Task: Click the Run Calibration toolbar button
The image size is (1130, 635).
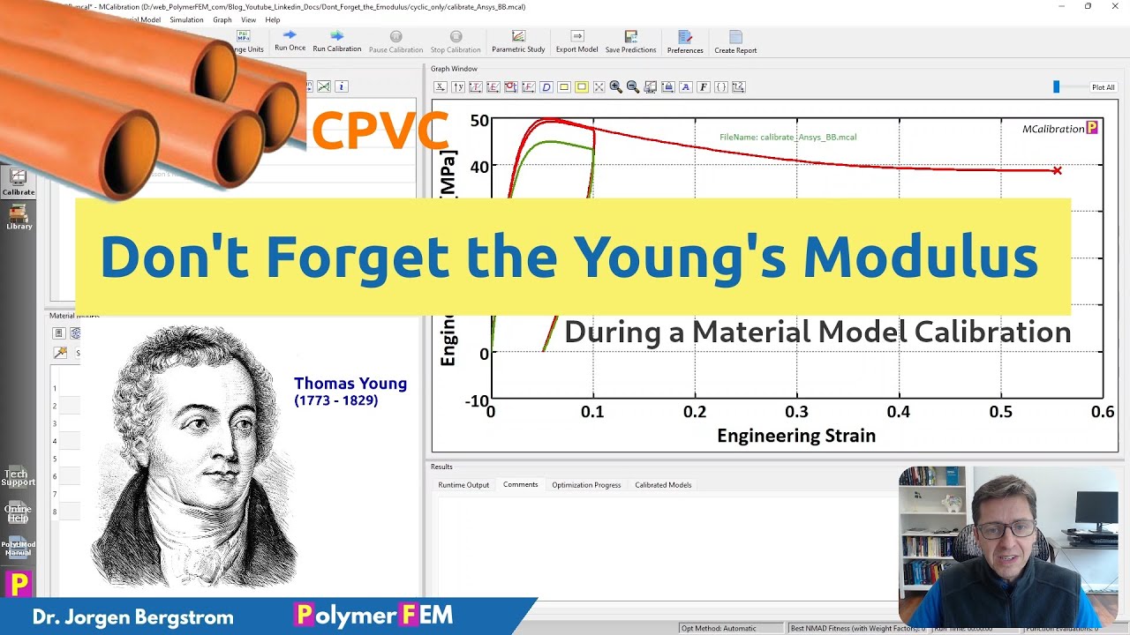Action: tap(336, 41)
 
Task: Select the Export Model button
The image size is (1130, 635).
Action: tap(576, 41)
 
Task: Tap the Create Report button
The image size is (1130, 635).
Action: tap(735, 42)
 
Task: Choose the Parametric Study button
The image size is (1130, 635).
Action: tap(518, 41)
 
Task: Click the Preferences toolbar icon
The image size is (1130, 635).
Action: tap(685, 42)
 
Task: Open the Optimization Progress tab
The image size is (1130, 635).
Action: tap(586, 485)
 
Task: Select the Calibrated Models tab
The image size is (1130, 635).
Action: tap(663, 485)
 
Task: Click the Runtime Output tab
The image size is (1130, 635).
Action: tap(463, 485)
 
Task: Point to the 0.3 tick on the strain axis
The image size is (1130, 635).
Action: tap(796, 412)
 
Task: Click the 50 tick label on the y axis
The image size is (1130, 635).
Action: tap(479, 121)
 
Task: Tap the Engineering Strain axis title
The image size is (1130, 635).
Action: tap(796, 436)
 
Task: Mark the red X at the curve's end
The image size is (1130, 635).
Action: tap(1057, 170)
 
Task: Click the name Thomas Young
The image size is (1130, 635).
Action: tap(350, 384)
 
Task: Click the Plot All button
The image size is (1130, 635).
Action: tap(1103, 87)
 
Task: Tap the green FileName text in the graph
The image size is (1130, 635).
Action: tap(787, 138)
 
